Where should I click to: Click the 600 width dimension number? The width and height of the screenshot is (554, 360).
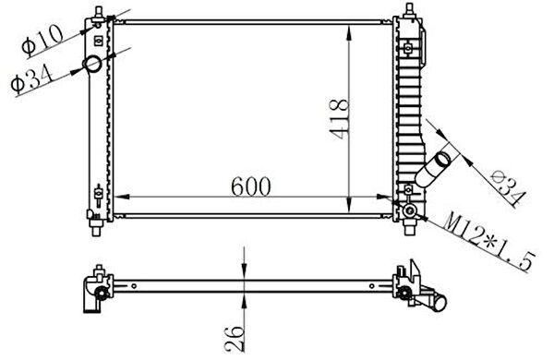pyautogui.click(x=251, y=186)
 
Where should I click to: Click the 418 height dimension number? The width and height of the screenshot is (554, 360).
pyautogui.click(x=339, y=119)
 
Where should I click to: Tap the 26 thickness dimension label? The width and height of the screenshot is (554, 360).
pyautogui.click(x=235, y=339)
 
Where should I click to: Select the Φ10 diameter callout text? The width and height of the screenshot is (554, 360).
pyautogui.click(x=42, y=41)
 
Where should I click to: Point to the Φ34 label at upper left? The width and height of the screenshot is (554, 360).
pyautogui.click(x=31, y=79)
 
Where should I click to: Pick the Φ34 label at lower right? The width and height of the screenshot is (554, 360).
pyautogui.click(x=509, y=188)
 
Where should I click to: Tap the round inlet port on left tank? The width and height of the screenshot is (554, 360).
pyautogui.click(x=92, y=64)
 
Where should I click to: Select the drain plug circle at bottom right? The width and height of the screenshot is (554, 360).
pyautogui.click(x=410, y=210)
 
